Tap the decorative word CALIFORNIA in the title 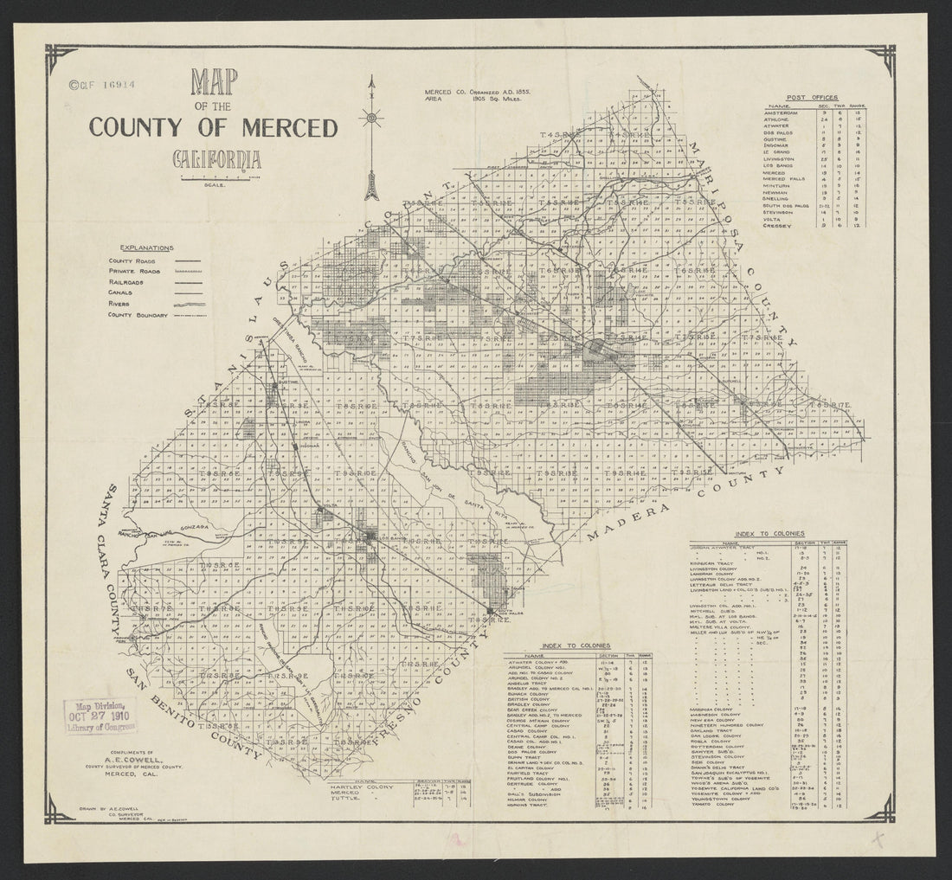[216, 160]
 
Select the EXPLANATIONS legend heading [147, 247]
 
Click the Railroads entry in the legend [127, 282]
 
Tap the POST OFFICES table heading [813, 97]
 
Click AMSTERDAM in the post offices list [785, 113]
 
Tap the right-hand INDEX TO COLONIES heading [769, 534]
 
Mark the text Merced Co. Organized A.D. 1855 [478, 91]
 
